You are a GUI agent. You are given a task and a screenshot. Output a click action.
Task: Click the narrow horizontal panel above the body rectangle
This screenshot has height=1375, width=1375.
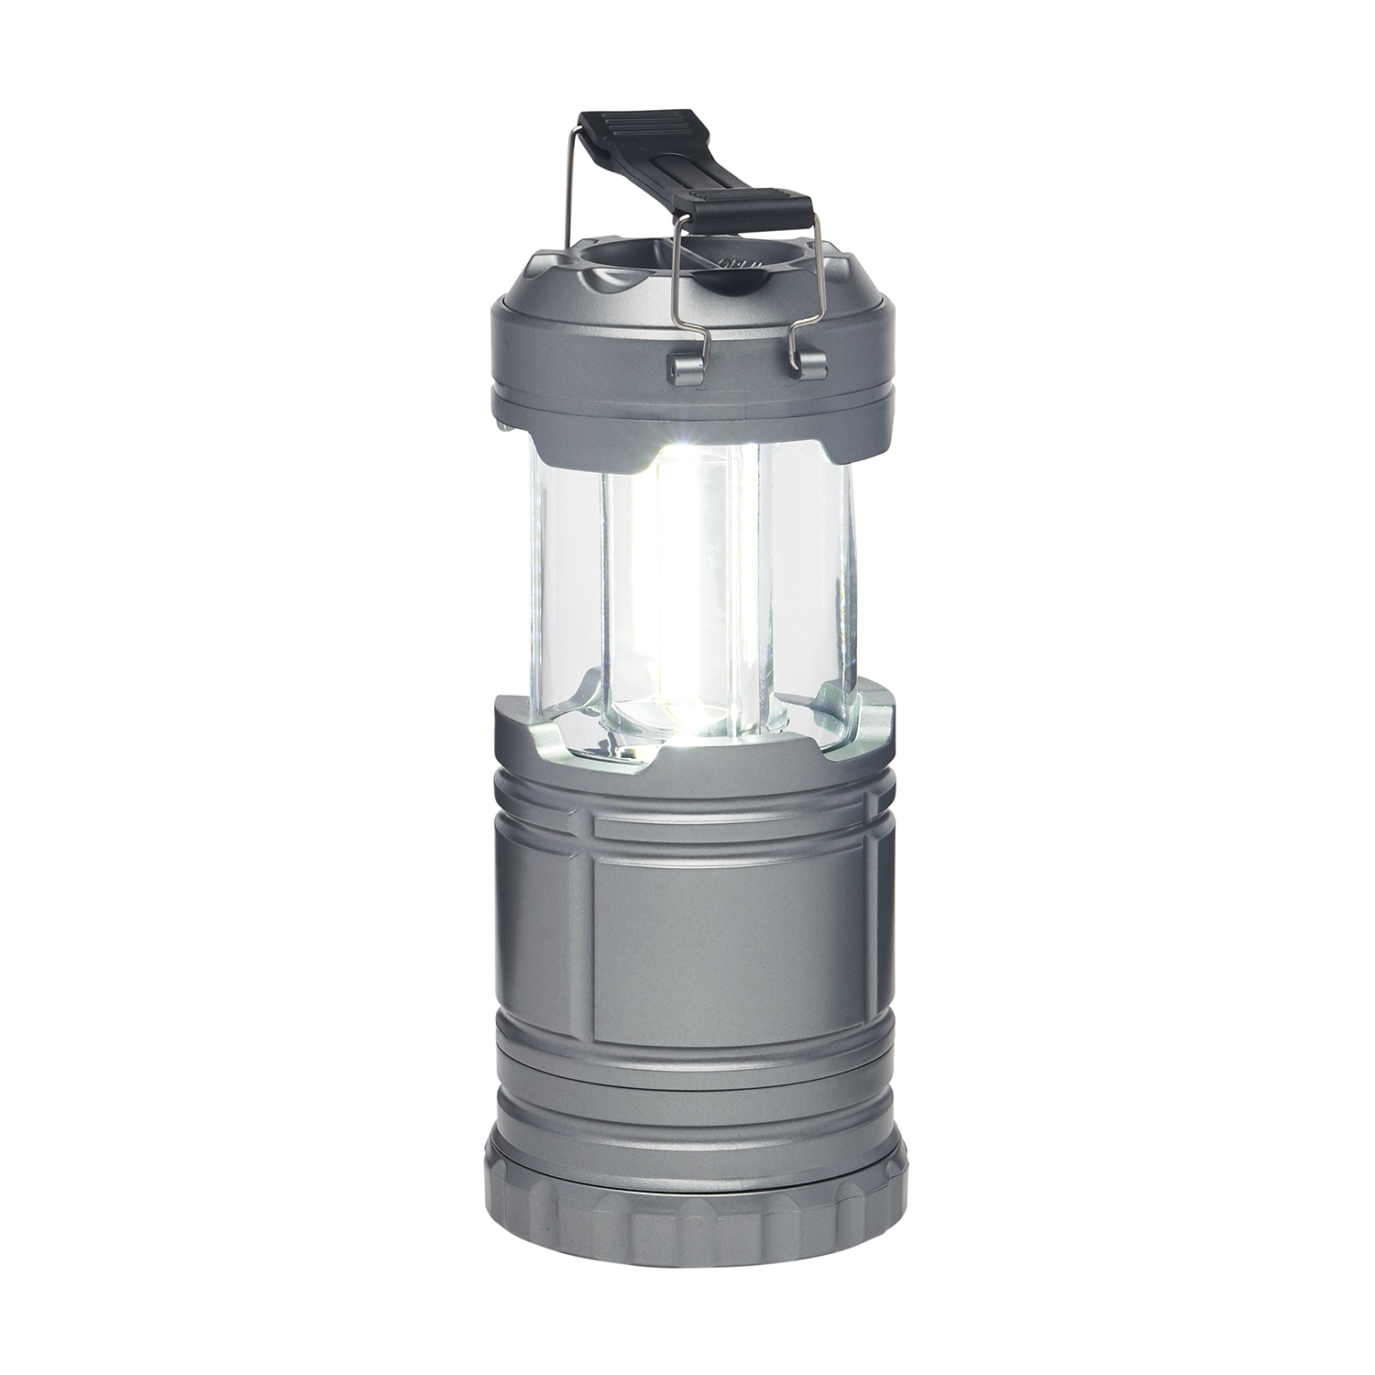click(729, 825)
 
